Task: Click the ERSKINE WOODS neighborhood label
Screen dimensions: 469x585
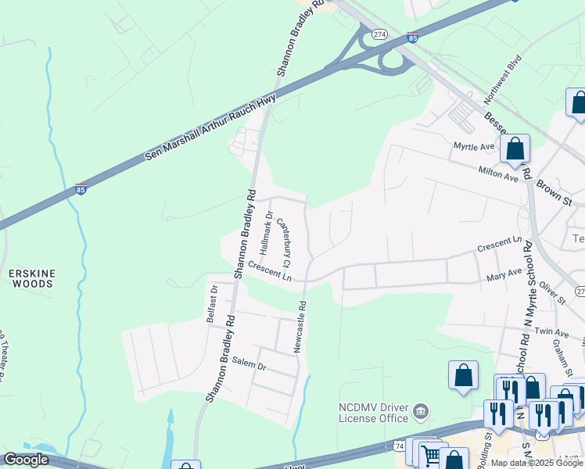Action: pos(31,277)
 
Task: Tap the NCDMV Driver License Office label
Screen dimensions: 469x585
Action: pos(373,412)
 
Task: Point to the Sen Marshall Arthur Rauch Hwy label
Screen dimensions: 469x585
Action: pos(211,129)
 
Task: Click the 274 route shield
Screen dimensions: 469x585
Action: pos(379,34)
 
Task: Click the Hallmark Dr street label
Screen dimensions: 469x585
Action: pos(266,234)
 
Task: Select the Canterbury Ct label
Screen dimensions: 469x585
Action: pos(285,240)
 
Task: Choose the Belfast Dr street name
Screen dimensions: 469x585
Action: pos(211,303)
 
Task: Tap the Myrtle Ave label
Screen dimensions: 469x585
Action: pos(474,146)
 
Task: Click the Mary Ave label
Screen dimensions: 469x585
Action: pos(504,274)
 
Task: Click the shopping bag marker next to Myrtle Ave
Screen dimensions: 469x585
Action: pos(515,149)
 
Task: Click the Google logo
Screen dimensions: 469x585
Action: pos(26,460)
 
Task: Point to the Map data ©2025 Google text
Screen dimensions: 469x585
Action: pos(537,463)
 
